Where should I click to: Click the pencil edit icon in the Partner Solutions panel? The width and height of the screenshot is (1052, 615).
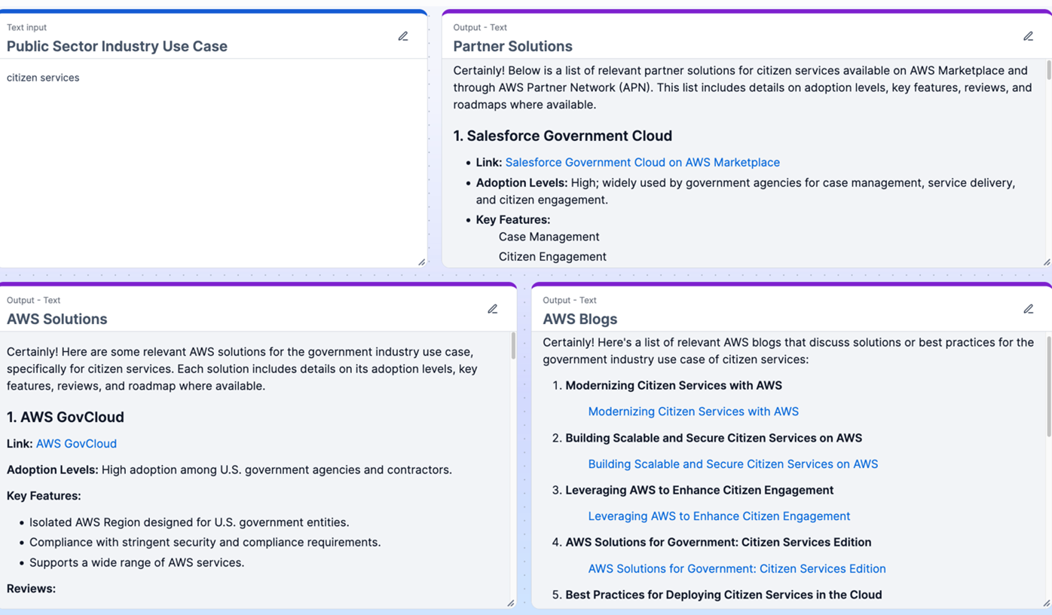click(1028, 36)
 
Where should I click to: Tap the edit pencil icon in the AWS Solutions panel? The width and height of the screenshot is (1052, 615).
click(492, 309)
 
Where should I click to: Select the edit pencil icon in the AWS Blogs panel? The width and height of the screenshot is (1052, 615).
click(1028, 309)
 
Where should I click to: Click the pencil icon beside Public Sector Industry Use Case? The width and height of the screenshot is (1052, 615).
click(403, 36)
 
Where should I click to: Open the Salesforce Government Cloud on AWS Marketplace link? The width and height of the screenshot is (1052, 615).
click(642, 162)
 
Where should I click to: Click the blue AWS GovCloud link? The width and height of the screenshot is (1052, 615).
click(76, 443)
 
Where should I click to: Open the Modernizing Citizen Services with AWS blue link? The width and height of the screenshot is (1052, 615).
click(693, 412)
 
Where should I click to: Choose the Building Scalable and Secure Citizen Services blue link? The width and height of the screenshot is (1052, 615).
click(732, 464)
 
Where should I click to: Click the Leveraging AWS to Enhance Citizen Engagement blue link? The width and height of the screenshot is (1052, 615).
click(718, 516)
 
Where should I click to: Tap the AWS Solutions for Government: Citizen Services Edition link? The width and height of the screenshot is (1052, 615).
click(736, 568)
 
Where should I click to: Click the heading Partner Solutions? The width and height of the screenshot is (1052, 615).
click(512, 46)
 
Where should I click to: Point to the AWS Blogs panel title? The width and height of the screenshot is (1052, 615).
click(580, 319)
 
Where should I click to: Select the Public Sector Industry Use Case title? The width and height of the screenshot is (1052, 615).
click(117, 46)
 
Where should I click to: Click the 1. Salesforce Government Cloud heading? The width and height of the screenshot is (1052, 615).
click(562, 136)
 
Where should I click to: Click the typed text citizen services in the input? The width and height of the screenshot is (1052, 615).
click(43, 78)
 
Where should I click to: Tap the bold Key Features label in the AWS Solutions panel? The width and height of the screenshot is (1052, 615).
click(44, 496)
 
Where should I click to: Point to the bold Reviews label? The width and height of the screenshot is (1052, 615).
click(31, 589)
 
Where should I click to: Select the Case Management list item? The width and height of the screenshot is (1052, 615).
click(549, 237)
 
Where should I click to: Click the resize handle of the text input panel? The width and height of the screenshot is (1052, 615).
click(421, 262)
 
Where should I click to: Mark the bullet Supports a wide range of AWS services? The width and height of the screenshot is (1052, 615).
click(136, 562)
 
